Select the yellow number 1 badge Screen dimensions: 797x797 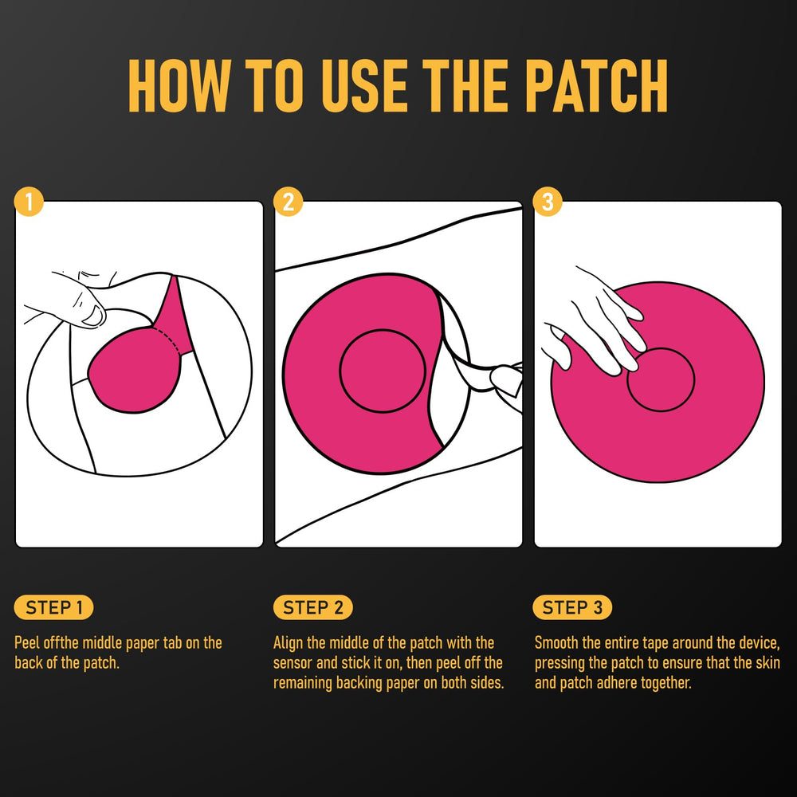click(29, 202)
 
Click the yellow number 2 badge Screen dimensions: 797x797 click(288, 202)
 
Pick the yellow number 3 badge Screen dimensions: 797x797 click(547, 202)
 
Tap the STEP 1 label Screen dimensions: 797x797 click(54, 608)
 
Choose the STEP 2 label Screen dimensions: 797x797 click(313, 608)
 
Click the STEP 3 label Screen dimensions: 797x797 click(572, 608)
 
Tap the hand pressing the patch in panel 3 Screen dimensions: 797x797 click(594, 319)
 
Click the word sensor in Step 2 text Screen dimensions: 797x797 click(294, 663)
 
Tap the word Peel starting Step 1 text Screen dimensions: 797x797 click(29, 642)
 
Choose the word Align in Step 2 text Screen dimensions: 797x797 click(289, 642)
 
